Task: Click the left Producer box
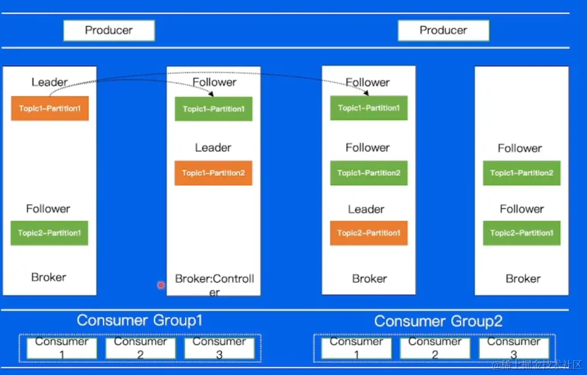pos(108,31)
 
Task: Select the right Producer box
pos(443,31)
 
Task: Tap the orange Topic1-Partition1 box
pos(50,109)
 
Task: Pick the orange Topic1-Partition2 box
pos(213,173)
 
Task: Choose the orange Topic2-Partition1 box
pos(368,233)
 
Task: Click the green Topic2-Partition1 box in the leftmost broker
pos(49,233)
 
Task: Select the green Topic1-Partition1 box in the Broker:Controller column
pos(213,109)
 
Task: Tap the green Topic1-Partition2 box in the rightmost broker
pos(521,173)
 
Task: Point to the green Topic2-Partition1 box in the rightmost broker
pos(521,233)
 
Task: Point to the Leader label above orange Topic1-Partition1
pos(49,82)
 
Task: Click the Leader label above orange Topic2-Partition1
pos(366,209)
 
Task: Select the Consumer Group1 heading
pos(139,320)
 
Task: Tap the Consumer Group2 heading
pos(438,321)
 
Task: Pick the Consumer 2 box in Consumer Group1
pos(140,348)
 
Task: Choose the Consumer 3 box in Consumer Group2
pos(514,348)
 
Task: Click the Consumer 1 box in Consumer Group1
pos(62,348)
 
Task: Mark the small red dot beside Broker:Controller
pos(161,285)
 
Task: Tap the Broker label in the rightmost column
pos(523,279)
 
